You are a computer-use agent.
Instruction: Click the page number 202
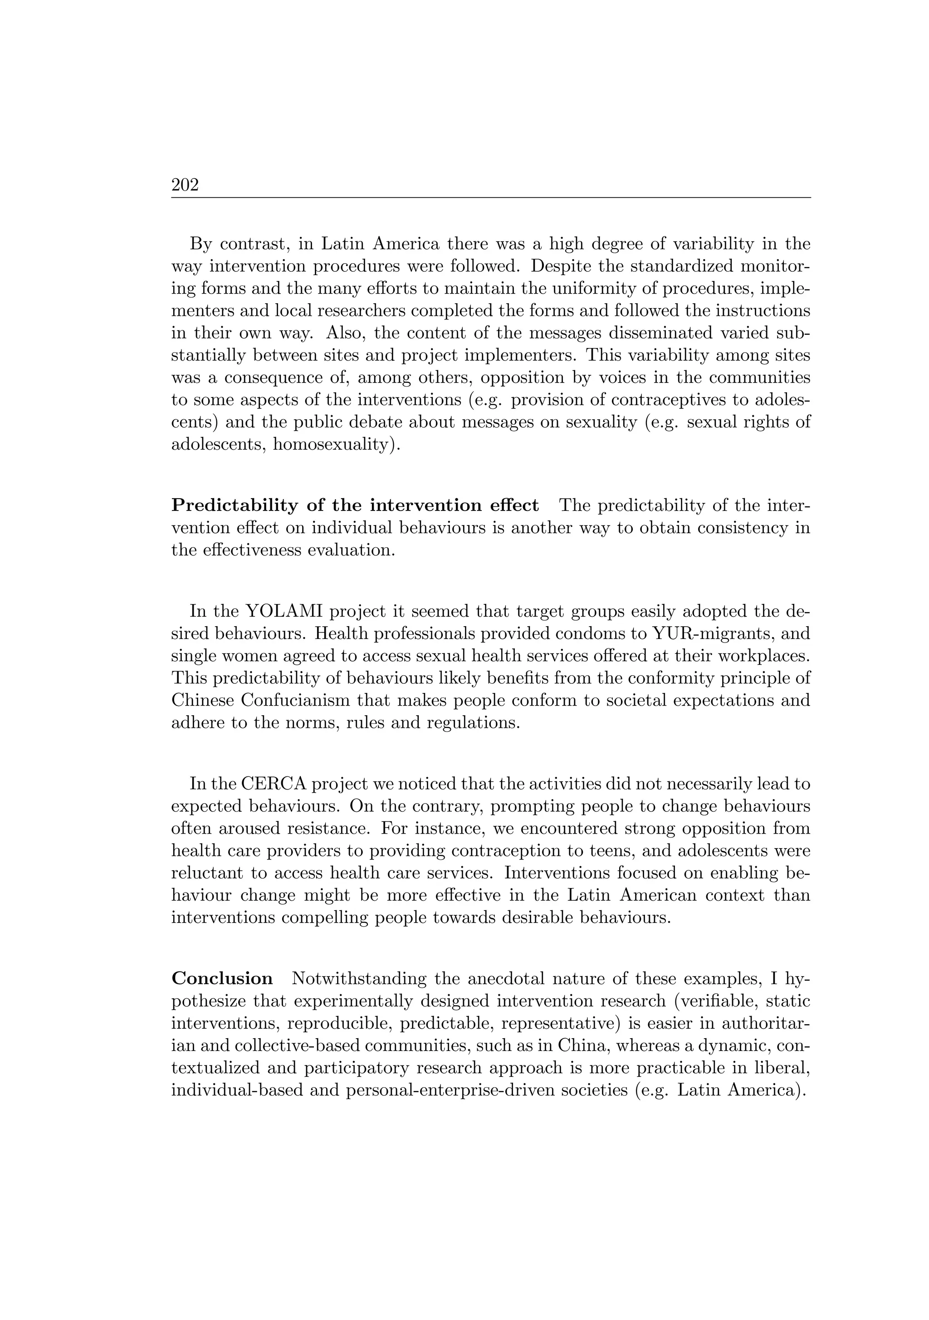click(185, 185)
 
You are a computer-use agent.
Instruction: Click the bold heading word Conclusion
click(222, 978)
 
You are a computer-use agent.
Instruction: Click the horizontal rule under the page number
click(490, 198)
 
